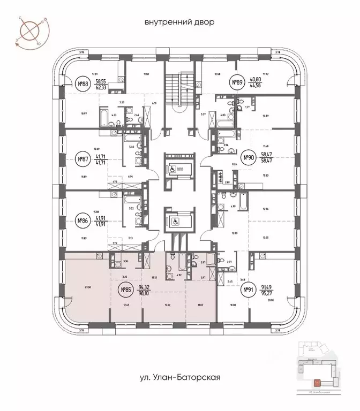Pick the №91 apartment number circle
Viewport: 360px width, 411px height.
point(248,291)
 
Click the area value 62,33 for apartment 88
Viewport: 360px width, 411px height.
point(101,86)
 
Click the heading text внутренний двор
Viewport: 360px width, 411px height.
point(179,22)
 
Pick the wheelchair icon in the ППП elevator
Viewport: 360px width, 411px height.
point(172,166)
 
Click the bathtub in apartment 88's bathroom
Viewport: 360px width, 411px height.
point(132,111)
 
